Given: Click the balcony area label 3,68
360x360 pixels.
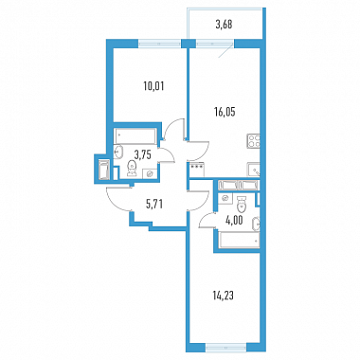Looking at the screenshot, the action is pos(225,25).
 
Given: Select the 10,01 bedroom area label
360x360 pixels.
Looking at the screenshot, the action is pos(153,86).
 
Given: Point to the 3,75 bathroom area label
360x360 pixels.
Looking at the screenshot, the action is pos(143,154).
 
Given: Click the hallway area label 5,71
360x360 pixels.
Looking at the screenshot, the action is pos(154,205).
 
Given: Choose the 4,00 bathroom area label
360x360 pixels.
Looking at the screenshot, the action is pos(234,221).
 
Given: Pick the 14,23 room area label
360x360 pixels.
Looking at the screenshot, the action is pos(224,297).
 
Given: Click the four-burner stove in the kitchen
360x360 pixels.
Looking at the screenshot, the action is pos(253,141).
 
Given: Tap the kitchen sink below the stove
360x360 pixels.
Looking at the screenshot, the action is pos(254,171).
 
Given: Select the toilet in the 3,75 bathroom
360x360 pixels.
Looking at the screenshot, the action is pos(132,168).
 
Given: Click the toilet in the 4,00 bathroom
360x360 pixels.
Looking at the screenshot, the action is pos(242,205).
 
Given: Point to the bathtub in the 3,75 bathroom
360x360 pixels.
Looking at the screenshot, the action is pos(135,136).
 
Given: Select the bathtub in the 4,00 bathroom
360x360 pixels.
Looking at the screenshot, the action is pos(239,240).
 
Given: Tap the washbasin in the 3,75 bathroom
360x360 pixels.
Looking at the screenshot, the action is pos(118,152).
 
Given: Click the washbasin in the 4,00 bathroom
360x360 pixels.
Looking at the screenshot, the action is pos(256,225).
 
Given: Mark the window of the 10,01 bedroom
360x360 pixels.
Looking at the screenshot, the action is pos(160,44).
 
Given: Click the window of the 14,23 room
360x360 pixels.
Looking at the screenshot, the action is pos(226,348).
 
